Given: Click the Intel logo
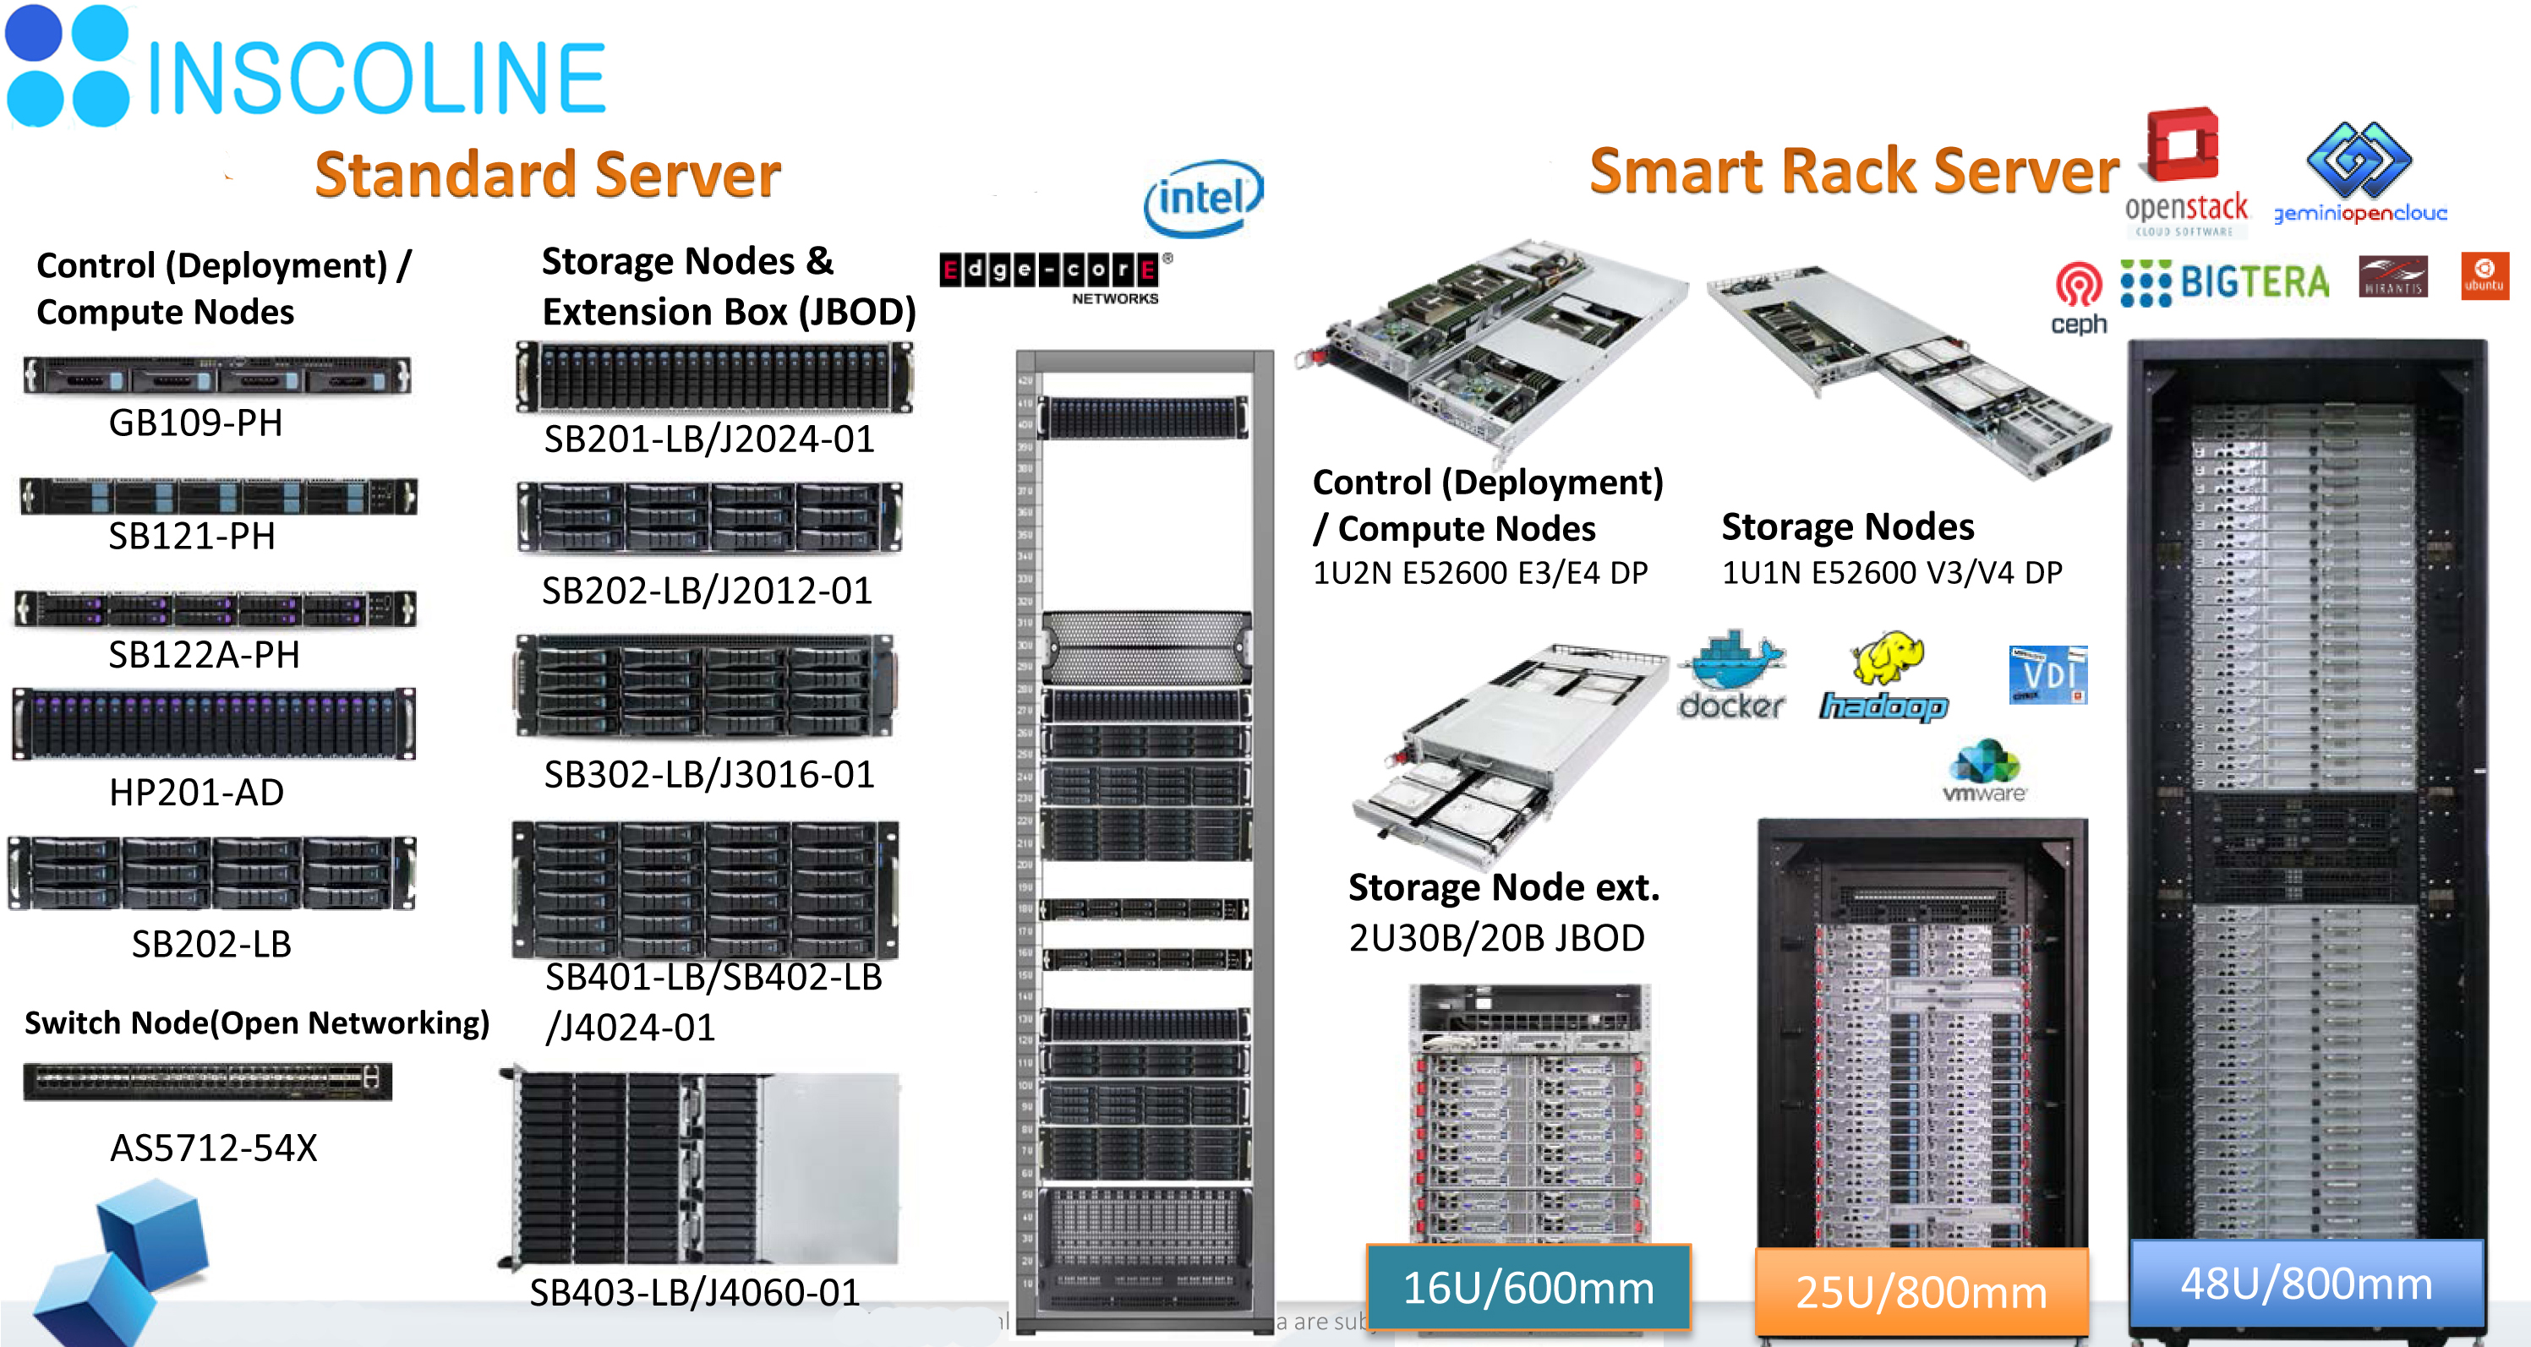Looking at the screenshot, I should point(1203,199).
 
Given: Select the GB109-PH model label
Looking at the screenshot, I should point(195,423).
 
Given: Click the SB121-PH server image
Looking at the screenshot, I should point(218,496).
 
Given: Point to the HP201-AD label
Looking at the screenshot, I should point(196,792).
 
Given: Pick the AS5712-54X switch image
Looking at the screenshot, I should point(207,1081).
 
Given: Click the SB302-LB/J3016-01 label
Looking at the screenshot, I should point(708,774).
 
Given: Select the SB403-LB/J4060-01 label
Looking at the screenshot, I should point(694,1292).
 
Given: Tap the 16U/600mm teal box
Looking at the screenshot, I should point(1528,1287).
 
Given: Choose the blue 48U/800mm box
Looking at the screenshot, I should point(2306,1283).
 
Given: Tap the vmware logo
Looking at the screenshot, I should point(1985,772).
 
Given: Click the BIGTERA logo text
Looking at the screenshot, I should point(2254,283).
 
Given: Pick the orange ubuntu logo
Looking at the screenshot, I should point(2484,276).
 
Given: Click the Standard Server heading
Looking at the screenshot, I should point(547,175).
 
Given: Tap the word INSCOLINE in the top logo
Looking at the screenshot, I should point(376,79).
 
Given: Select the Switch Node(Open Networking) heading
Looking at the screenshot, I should point(256,1023).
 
